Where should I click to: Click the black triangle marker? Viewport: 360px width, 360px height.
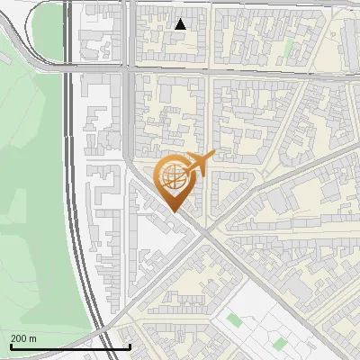(181, 24)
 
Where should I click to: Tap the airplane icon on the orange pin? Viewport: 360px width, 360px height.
(198, 163)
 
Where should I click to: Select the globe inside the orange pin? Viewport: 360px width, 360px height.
(171, 177)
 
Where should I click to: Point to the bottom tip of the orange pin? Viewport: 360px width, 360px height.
(173, 211)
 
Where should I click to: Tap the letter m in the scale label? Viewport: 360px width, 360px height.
(32, 337)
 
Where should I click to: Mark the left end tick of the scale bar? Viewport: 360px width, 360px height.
(10, 346)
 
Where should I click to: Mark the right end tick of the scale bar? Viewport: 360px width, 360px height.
(130, 346)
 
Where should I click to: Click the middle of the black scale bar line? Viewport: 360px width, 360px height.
(70, 346)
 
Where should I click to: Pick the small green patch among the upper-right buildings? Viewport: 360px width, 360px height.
(289, 45)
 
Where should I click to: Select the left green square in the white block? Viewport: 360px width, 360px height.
(235, 319)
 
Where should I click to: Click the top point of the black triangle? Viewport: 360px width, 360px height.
(181, 19)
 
